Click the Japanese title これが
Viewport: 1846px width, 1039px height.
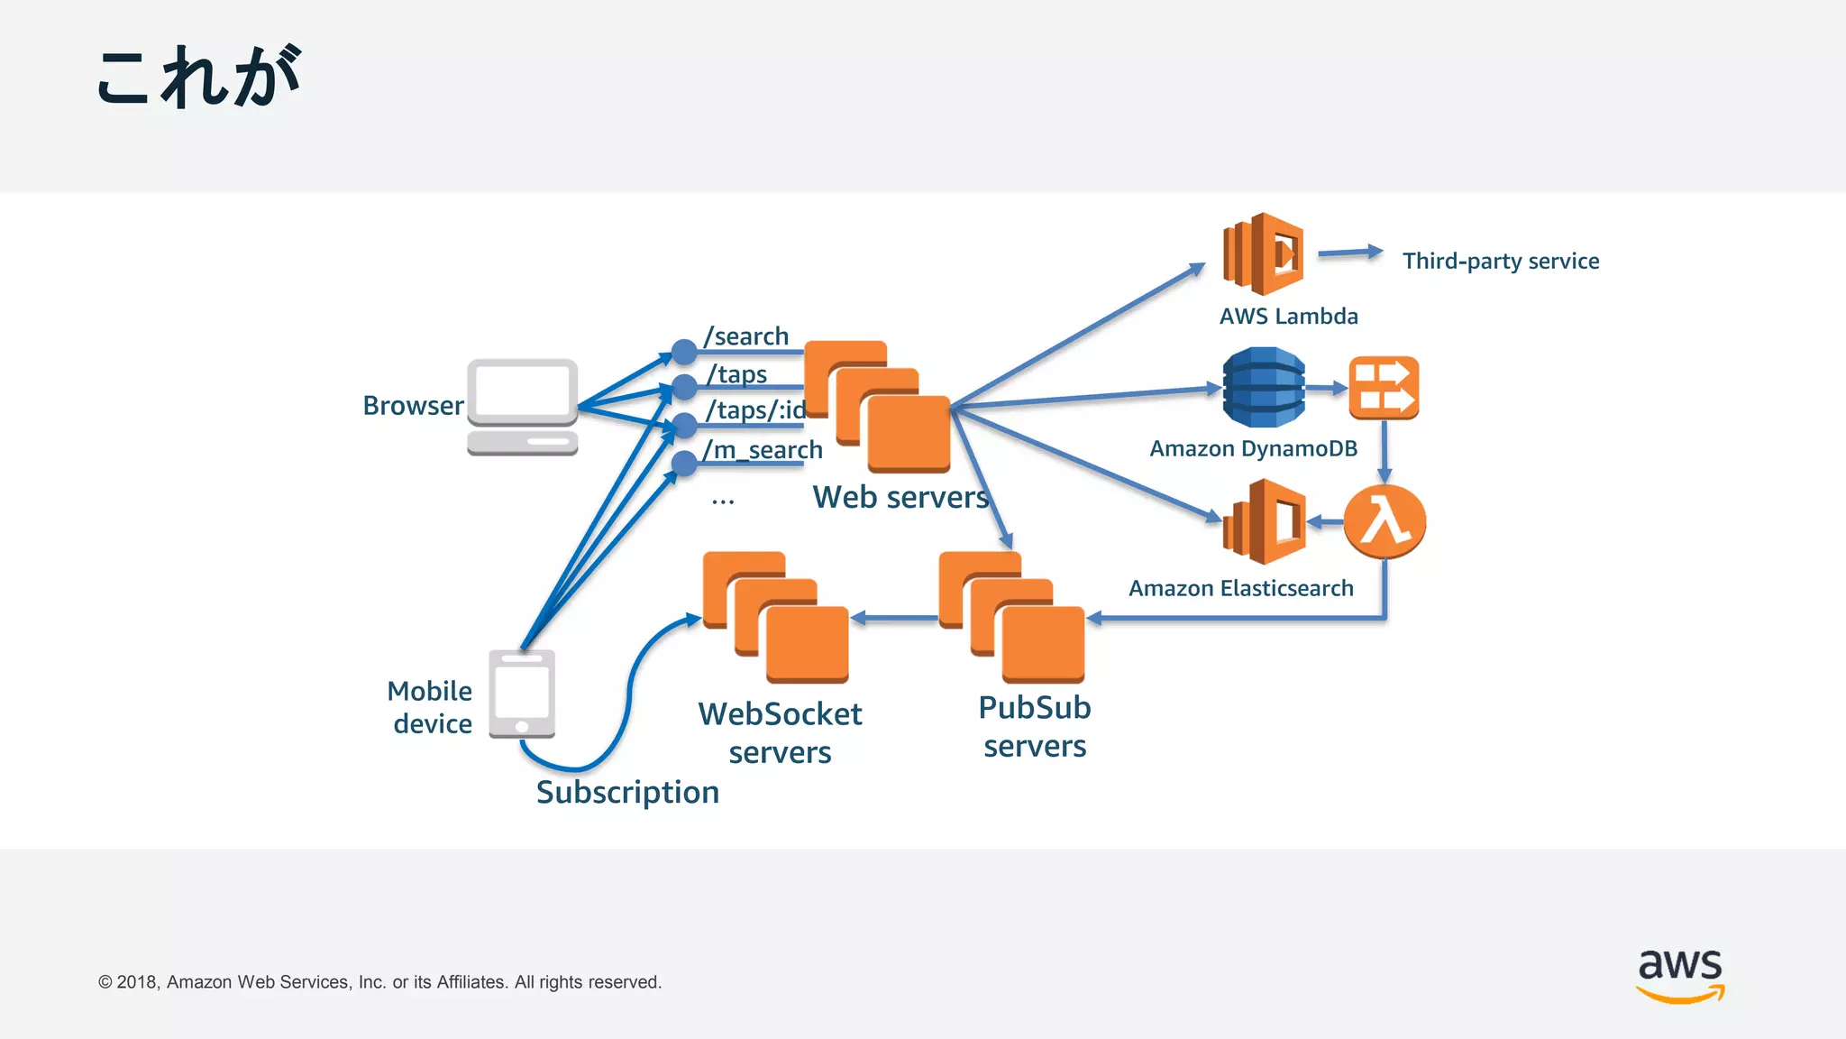click(198, 78)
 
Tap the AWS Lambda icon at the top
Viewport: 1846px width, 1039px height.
click(1263, 253)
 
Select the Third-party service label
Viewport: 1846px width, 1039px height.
click(1500, 261)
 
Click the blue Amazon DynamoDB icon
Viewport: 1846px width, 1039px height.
click(1263, 387)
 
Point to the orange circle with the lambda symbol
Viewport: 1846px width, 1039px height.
click(1384, 521)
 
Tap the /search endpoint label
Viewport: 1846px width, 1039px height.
click(746, 336)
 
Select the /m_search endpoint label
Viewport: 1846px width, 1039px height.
click(763, 449)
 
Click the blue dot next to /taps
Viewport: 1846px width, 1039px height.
click(685, 388)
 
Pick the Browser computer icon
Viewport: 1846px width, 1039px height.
click(522, 407)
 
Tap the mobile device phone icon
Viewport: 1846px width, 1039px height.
click(522, 694)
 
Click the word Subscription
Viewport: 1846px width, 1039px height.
click(627, 792)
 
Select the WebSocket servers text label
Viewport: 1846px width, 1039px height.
click(780, 732)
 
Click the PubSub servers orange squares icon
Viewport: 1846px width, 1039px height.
click(1011, 618)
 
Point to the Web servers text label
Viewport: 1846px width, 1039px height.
click(900, 497)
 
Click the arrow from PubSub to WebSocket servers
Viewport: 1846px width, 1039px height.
click(894, 618)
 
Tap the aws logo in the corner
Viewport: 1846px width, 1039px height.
click(1679, 975)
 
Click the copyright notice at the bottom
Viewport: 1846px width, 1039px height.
click(379, 981)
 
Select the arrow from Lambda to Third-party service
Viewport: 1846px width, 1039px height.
click(1349, 253)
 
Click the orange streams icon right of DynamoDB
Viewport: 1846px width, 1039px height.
click(1384, 388)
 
